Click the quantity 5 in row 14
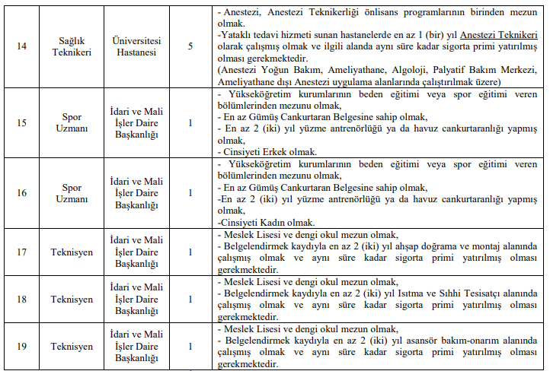(190, 46)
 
